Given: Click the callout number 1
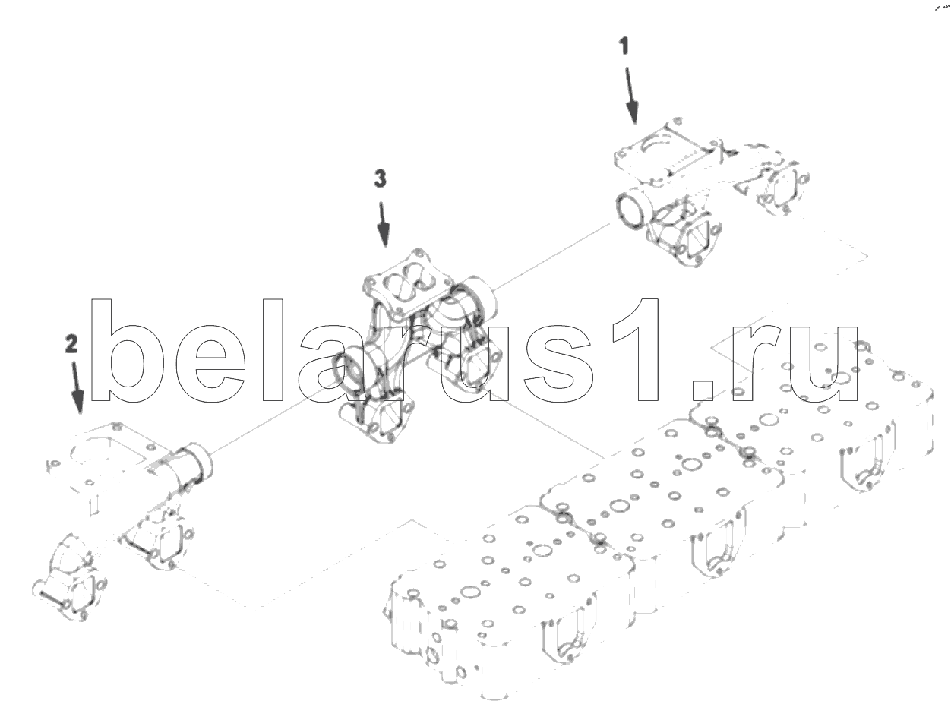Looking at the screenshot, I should (623, 46).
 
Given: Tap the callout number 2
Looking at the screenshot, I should (71, 344).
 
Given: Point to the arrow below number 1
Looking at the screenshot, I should (630, 95).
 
